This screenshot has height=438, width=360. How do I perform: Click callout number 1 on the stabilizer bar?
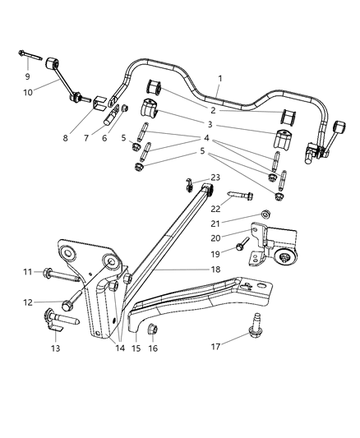pos(219,80)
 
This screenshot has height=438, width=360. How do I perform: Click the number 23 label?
pos(215,177)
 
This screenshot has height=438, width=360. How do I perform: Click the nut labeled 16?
pos(154,331)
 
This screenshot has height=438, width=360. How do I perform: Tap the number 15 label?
pos(136,348)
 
